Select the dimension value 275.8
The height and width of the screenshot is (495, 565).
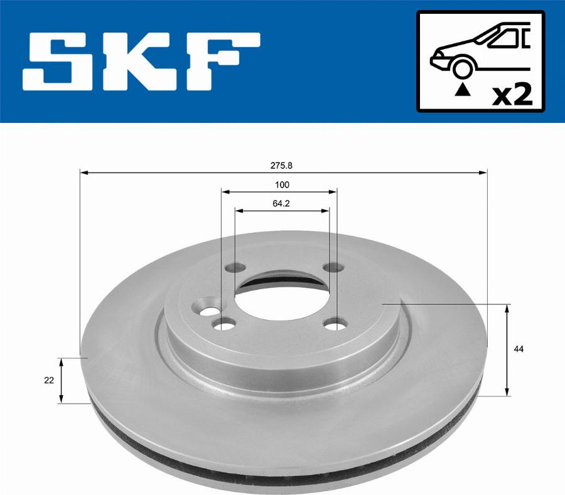(x=282, y=166)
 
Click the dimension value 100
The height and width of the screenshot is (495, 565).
(x=282, y=184)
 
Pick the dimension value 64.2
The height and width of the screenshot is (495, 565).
(x=281, y=203)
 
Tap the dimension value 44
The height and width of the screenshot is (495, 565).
(x=519, y=349)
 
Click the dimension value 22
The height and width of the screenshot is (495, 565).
(x=49, y=380)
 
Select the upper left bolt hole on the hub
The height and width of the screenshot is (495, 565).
(x=235, y=267)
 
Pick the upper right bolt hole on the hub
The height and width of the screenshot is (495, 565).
(x=332, y=268)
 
